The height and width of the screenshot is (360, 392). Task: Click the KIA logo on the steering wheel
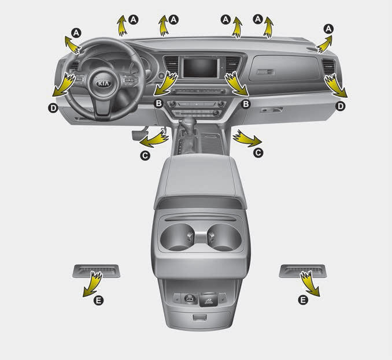pos(102,83)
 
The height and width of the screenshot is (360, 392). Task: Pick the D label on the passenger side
pos(341,106)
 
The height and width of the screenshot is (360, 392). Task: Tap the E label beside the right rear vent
pos(302,300)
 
